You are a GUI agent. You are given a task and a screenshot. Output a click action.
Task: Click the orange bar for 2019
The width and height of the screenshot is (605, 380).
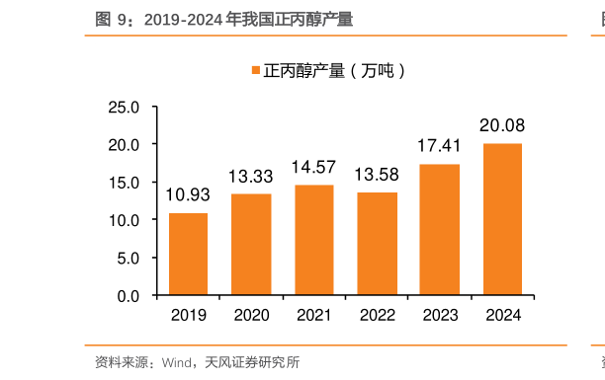tap(188, 255)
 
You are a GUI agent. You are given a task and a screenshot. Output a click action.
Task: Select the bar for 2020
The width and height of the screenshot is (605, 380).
tap(251, 245)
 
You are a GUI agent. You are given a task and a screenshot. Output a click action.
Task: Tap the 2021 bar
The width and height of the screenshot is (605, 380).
tap(313, 241)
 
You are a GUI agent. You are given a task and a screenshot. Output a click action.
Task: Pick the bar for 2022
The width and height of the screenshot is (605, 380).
tap(377, 244)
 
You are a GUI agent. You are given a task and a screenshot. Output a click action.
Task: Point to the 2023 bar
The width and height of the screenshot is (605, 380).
tap(439, 230)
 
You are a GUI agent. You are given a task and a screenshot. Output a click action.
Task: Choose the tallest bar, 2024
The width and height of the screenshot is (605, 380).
tap(502, 220)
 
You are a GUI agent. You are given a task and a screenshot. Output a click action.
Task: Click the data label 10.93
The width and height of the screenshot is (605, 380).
tap(188, 195)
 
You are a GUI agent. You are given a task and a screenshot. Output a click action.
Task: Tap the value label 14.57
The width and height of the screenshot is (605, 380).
tap(313, 168)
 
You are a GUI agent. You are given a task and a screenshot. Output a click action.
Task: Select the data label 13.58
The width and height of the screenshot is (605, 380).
tap(377, 175)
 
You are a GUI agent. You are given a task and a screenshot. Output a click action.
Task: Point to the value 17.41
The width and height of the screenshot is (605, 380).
tap(439, 146)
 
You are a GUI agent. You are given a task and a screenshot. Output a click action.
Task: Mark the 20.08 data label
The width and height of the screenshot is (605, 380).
tap(502, 125)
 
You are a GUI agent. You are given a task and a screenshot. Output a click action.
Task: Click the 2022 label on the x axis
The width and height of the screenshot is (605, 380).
tap(377, 315)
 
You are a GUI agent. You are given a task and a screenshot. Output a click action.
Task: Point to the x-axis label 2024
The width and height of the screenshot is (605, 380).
tap(502, 315)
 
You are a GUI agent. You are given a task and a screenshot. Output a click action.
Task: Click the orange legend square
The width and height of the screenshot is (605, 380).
tap(255, 70)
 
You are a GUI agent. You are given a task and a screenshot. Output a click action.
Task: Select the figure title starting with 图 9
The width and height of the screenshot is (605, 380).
tap(223, 19)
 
